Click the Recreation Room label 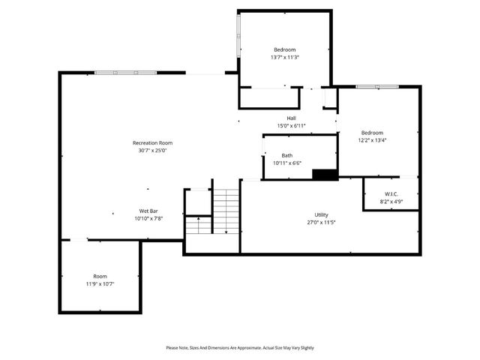point(152,142)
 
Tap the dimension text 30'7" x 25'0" point(152,150)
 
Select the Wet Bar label point(148,211)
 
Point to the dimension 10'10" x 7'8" point(148,218)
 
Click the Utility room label point(321,214)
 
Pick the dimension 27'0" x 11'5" point(321,222)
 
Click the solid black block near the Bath point(325,175)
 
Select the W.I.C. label point(391,194)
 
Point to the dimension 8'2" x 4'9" point(391,202)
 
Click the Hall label point(291,118)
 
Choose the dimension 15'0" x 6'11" point(291,125)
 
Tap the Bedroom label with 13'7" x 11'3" point(284,49)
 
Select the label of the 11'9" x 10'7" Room point(100,276)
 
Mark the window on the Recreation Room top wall point(126,72)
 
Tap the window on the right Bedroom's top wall point(367,87)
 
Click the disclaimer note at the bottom point(240,348)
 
